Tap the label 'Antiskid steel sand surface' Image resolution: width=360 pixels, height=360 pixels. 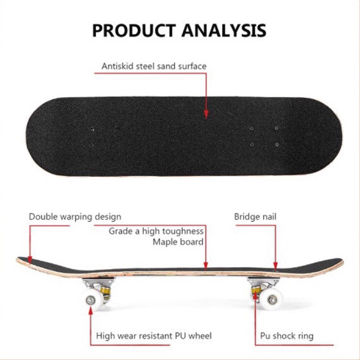pyautogui.click(x=154, y=66)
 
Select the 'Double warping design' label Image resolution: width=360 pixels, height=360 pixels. pyautogui.click(x=75, y=217)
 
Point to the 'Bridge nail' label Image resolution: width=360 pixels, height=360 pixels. pyautogui.click(x=255, y=217)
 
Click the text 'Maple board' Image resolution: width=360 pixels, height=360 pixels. pyautogui.click(x=178, y=242)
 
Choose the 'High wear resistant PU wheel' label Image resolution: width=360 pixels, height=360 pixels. pyautogui.click(x=154, y=336)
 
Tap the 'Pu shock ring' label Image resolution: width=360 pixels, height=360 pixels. pyautogui.click(x=287, y=336)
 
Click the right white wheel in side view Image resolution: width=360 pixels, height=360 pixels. pyautogui.click(x=272, y=299)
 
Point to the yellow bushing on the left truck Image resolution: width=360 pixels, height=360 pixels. pyautogui.click(x=105, y=291)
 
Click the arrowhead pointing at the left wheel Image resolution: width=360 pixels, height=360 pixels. pyautogui.click(x=91, y=311)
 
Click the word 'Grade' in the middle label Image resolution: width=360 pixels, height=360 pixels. pyautogui.click(x=119, y=231)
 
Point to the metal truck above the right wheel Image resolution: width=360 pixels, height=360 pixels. pyautogui.click(x=263, y=283)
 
